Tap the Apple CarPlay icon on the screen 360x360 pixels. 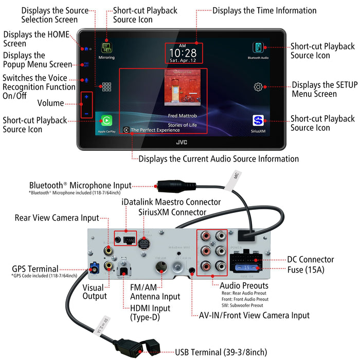tap(106, 122)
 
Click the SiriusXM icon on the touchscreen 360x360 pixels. tap(258, 122)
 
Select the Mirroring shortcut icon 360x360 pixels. tap(106, 48)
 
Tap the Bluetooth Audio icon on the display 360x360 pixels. tap(258, 48)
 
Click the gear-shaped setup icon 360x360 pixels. tap(258, 87)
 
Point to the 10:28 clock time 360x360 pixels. tap(183, 52)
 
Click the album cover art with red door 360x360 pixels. tap(183, 88)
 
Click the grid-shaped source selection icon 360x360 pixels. tap(106, 87)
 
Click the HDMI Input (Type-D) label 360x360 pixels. tap(144, 313)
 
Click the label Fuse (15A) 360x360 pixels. tap(295, 269)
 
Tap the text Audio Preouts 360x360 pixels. tap(244, 285)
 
